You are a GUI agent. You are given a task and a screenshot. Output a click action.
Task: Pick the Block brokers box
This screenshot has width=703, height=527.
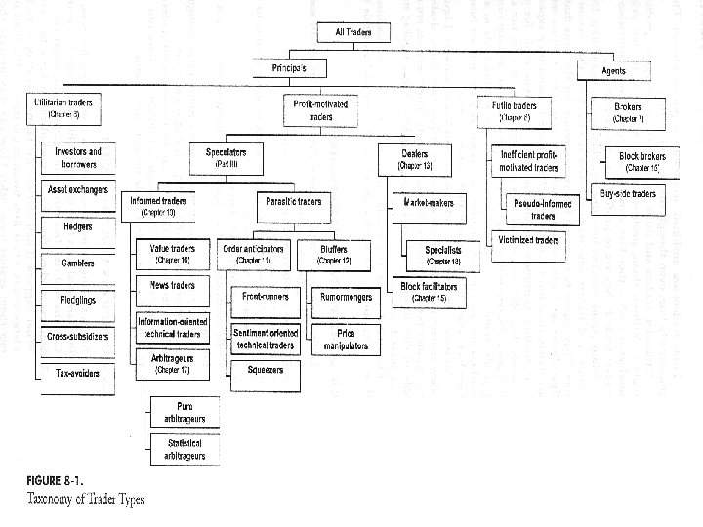click(x=641, y=160)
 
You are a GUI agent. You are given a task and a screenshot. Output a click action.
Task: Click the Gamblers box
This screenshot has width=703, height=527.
click(x=77, y=263)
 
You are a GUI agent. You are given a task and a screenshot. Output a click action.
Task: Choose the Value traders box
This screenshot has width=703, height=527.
click(x=172, y=254)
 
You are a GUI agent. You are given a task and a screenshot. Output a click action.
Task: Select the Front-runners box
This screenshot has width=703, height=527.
click(x=265, y=297)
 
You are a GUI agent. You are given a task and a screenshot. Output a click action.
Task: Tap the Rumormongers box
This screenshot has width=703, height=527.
click(x=346, y=297)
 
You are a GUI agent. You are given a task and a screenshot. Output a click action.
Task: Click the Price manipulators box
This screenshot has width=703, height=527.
click(x=346, y=339)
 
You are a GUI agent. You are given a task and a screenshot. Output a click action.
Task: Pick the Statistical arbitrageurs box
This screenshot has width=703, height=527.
click(x=184, y=449)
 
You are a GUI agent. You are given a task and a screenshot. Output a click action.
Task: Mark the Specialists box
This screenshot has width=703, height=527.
click(x=442, y=255)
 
